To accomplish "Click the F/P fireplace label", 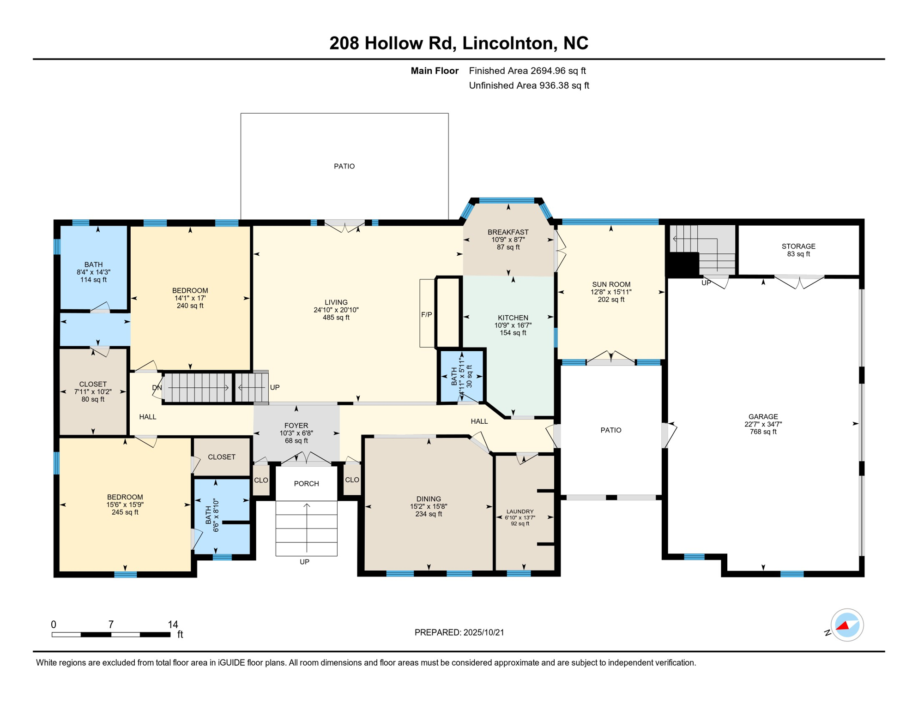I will [x=426, y=315].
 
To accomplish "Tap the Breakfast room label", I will [x=508, y=232].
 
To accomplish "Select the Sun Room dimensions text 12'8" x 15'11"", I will [x=610, y=292].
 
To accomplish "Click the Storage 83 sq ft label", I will [x=798, y=254].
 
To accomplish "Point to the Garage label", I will [x=763, y=416].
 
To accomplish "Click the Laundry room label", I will [x=519, y=511].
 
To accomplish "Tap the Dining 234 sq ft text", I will [x=429, y=514].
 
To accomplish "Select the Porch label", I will [x=306, y=483].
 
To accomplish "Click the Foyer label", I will [x=296, y=426].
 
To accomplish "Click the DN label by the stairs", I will [x=157, y=388].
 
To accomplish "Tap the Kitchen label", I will [x=513, y=318].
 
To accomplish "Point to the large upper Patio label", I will [x=344, y=166].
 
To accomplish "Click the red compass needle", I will [x=843, y=626].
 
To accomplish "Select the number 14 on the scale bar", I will [x=173, y=624].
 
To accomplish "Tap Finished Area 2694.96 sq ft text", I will [x=527, y=71].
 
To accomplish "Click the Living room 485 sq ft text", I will [x=336, y=318].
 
